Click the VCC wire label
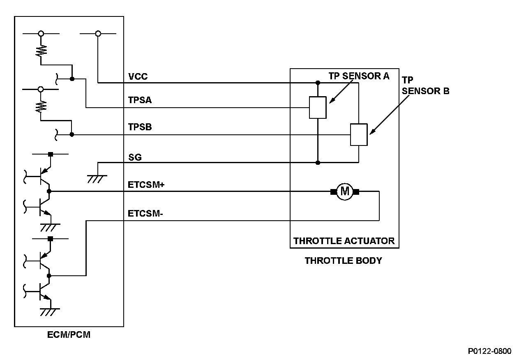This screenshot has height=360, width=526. click(138, 77)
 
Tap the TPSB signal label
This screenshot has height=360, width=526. click(140, 127)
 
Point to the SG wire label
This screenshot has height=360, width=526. click(135, 157)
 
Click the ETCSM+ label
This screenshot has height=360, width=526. click(146, 185)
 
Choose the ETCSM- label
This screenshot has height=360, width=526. click(145, 214)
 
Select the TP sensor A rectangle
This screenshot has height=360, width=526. click(318, 108)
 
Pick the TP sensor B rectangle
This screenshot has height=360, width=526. click(359, 134)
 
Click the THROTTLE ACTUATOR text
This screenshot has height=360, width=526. click(344, 241)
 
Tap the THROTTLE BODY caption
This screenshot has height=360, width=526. click(343, 261)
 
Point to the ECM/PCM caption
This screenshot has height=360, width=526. click(69, 335)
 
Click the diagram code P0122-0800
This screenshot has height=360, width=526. click(490, 351)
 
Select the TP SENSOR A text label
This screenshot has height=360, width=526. click(359, 76)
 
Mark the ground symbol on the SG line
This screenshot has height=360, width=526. click(97, 177)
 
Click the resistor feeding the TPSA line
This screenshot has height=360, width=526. click(41, 50)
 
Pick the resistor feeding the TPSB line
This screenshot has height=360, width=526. click(41, 107)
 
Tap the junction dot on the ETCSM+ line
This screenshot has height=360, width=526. click(49, 192)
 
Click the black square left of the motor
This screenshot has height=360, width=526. click(333, 192)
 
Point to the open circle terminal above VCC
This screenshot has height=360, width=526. click(98, 34)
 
